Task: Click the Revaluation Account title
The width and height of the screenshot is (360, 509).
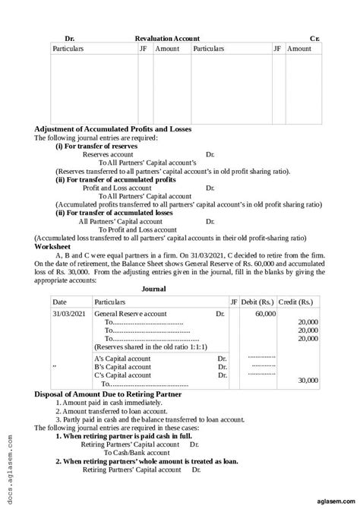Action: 167,37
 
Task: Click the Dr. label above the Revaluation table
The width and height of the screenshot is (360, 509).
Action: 70,37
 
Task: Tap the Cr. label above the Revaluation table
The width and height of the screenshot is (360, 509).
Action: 315,37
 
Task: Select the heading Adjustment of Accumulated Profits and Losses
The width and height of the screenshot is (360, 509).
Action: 113,129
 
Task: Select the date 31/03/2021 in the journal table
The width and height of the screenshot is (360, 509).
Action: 68,313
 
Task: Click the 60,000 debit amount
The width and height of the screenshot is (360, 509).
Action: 265,313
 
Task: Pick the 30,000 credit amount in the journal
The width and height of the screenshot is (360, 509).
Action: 308,380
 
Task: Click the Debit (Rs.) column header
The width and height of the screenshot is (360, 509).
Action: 263,302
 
